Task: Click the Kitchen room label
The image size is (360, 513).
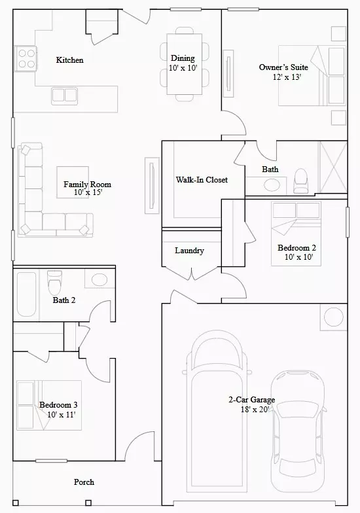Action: (x=69, y=60)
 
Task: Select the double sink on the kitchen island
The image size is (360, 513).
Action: (x=64, y=96)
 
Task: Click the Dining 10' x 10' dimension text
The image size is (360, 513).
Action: (x=183, y=68)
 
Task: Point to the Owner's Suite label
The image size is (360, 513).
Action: (x=283, y=67)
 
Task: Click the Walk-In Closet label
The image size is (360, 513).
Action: (x=202, y=179)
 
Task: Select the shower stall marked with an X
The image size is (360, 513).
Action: (x=333, y=168)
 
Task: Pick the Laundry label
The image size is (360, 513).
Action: (x=190, y=251)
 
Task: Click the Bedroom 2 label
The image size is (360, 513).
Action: (x=297, y=247)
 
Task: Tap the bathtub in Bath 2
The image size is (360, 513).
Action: (x=26, y=294)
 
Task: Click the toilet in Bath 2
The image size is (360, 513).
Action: (x=54, y=283)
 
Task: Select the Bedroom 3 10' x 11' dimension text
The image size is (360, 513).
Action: (x=62, y=415)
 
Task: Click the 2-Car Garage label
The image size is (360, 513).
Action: (x=251, y=399)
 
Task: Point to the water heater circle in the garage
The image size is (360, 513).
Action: (x=334, y=317)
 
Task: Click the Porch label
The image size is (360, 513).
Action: (x=84, y=482)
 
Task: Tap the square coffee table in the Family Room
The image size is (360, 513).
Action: (x=73, y=182)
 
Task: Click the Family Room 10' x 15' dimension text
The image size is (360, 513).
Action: (x=88, y=192)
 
